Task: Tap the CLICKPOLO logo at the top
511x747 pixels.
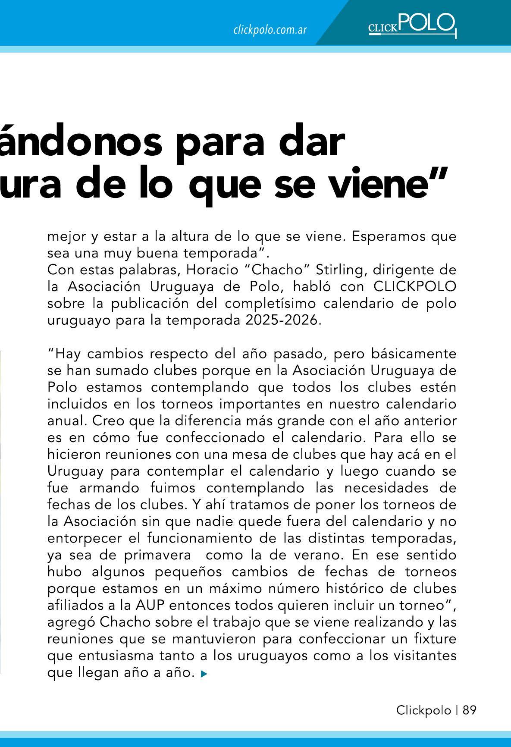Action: pos(412,25)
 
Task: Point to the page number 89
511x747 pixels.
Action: pos(470,710)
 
